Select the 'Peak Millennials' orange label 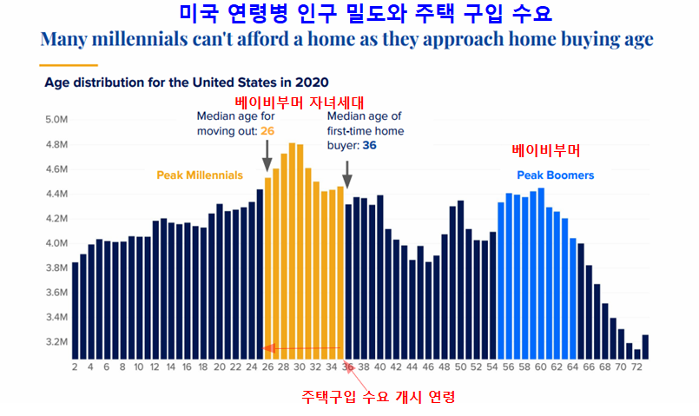coord(199,175)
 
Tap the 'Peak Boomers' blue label coord(556,175)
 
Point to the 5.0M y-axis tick coord(56,119)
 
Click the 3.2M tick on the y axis coord(56,341)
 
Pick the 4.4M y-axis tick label coord(56,194)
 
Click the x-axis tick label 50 coord(461,366)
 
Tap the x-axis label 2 coord(75,366)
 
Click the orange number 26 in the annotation coord(267,131)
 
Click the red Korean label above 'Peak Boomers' coord(545,149)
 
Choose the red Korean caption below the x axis coord(379,396)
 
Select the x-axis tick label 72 coord(637,366)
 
